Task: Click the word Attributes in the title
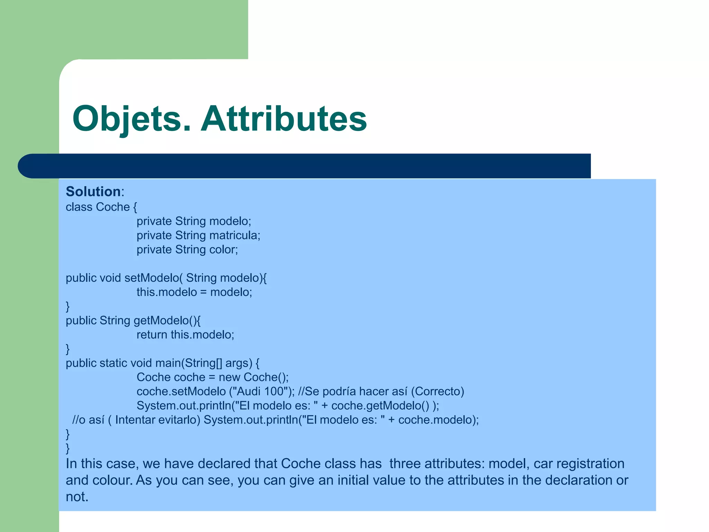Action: coord(284,119)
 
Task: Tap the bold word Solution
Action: coord(93,192)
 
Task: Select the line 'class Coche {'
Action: coord(101,207)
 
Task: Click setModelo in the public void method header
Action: coord(152,278)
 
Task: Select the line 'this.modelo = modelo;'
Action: coord(194,292)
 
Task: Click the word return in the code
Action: coord(152,335)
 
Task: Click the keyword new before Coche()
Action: coord(229,377)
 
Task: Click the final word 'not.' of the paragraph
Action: coord(77,497)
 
